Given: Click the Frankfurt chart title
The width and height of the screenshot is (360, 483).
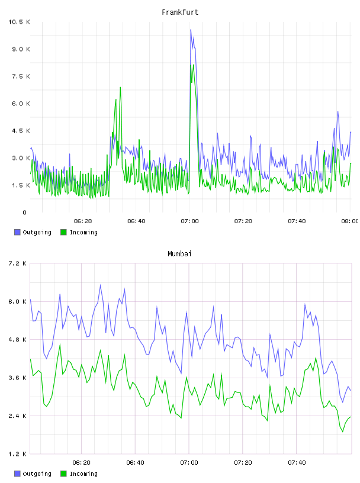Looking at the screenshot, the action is coord(180,12).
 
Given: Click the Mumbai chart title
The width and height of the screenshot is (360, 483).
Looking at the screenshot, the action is coord(179,254).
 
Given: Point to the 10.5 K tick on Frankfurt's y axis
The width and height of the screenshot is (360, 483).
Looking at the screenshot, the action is coord(19,22).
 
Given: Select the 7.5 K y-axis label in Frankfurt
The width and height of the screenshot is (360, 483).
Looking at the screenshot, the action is coord(21,76).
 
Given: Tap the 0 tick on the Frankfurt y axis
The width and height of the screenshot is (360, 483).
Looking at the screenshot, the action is coord(24,212).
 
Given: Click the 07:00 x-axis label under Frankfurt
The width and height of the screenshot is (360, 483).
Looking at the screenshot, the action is coord(189,221).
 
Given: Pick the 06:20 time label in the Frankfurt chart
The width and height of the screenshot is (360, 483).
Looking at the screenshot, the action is coord(83,221).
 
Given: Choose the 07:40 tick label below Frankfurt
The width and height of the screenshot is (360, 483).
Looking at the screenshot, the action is coord(297,221).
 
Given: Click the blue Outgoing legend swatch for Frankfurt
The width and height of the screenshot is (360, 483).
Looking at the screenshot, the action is coord(17,232).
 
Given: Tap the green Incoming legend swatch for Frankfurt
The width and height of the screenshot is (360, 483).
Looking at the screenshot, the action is coord(63,232).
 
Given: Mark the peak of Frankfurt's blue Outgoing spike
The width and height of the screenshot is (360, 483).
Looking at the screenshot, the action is coord(191,30).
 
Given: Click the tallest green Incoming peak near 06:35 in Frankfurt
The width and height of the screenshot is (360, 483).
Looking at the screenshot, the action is coord(120,88).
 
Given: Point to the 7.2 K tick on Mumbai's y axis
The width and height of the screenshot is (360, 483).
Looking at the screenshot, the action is coord(17,263).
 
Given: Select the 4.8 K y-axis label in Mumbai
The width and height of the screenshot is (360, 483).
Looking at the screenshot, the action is coord(17,339).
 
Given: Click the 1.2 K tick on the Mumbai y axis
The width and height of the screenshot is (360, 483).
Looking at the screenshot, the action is coord(17,454).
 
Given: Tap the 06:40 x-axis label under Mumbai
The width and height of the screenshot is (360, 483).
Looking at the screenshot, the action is coord(136,463).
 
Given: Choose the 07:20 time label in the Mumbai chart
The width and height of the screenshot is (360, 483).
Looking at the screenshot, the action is coord(243,463).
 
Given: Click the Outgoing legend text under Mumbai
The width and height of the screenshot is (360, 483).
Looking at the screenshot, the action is coord(37,474).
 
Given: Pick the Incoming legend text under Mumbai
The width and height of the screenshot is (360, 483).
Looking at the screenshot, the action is coord(83,474).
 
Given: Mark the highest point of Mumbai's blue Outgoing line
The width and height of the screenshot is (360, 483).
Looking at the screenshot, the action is coord(101,285).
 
